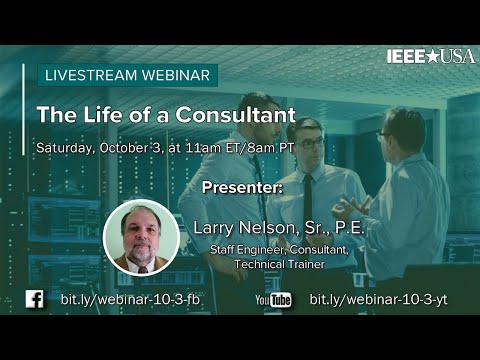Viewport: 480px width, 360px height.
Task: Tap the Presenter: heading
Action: coord(241,187)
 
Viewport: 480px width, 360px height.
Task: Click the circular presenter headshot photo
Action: coord(141,237)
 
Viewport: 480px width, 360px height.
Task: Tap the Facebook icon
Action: coord(33,299)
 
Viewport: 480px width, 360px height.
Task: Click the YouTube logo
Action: coord(273,299)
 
